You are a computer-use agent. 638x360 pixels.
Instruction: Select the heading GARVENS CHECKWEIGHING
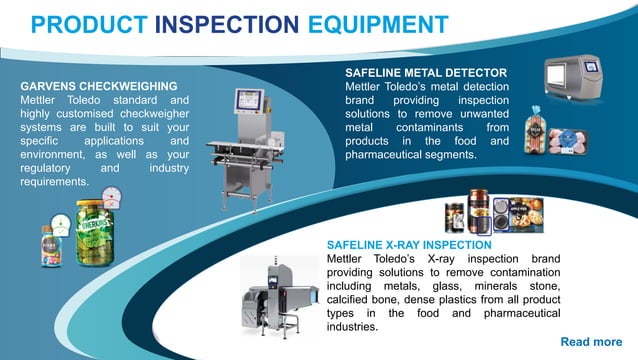click(99, 87)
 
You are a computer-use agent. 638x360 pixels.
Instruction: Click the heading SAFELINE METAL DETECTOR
click(426, 73)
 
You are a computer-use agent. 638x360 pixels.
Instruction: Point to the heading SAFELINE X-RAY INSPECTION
click(409, 244)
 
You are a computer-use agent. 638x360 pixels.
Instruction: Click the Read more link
click(591, 342)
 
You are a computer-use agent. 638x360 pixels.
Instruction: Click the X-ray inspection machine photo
click(279, 294)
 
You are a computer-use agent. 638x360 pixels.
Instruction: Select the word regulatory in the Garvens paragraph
click(51, 170)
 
